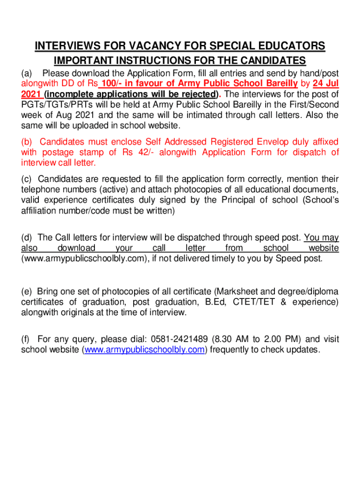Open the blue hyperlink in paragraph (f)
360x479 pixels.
pos(144,349)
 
